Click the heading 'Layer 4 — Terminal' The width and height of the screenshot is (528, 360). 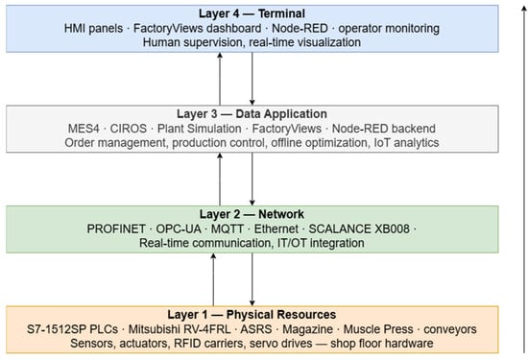pyautogui.click(x=252, y=13)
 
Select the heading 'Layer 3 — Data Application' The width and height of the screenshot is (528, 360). pyautogui.click(x=252, y=114)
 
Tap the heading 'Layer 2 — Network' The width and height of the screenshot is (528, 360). pyautogui.click(x=252, y=214)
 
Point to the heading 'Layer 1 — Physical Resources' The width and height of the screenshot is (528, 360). pyautogui.click(x=252, y=315)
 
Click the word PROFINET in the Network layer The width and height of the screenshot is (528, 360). pyautogui.click(x=116, y=229)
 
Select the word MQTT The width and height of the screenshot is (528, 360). pyautogui.click(x=227, y=229)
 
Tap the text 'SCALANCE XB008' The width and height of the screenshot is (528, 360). pyautogui.click(x=359, y=229)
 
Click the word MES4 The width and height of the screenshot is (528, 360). pyautogui.click(x=84, y=129)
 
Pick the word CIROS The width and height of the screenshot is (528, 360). pyautogui.click(x=129, y=129)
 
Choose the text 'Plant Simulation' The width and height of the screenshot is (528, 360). pyautogui.click(x=200, y=129)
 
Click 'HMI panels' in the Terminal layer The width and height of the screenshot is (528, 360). pyautogui.click(x=93, y=28)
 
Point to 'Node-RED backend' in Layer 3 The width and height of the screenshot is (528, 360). pyautogui.click(x=384, y=129)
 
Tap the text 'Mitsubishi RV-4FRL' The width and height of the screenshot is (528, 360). pyautogui.click(x=180, y=329)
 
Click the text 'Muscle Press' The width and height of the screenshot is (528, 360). pyautogui.click(x=378, y=329)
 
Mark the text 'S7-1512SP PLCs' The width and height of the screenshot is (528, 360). pyautogui.click(x=72, y=329)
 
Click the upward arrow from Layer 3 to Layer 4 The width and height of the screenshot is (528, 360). pyautogui.click(x=220, y=79)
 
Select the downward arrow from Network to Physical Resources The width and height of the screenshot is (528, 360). pyautogui.click(x=252, y=279)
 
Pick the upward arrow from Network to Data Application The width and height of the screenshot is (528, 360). pyautogui.click(x=220, y=180)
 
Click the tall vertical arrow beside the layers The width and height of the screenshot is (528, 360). pyautogui.click(x=524, y=180)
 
